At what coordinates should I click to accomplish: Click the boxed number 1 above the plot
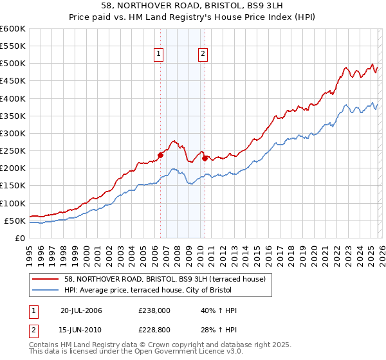(x=158, y=54)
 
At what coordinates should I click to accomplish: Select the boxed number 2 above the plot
(x=203, y=54)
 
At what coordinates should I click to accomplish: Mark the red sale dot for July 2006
(x=161, y=154)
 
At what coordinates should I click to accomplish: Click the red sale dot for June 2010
(x=205, y=157)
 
